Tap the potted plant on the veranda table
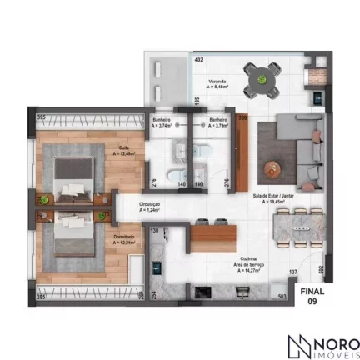(x=262, y=79)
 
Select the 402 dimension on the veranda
(x=198, y=61)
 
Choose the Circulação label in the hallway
(x=151, y=206)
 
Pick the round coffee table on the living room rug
(x=269, y=168)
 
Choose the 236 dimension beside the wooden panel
(x=243, y=119)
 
